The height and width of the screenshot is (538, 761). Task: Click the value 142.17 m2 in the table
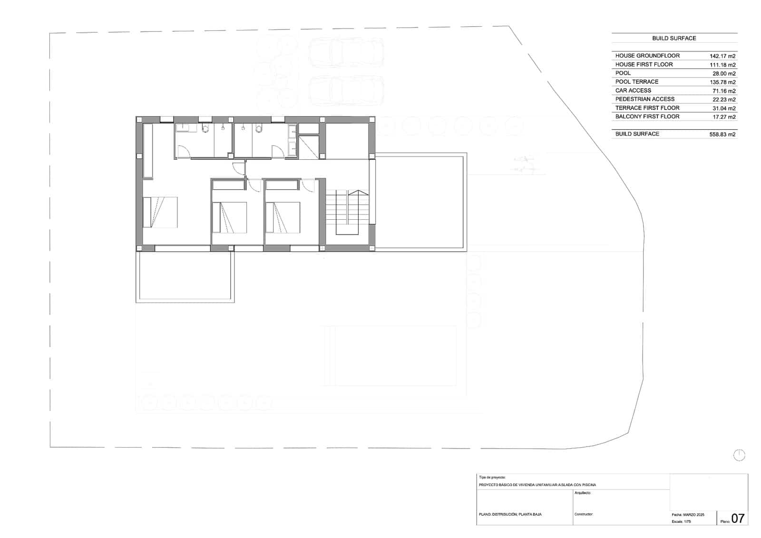pos(722,56)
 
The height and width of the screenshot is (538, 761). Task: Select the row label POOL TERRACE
pos(636,82)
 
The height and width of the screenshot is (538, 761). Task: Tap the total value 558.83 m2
pos(722,135)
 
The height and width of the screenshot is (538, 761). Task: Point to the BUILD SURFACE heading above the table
pos(674,38)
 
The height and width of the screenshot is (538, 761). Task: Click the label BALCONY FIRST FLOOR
pos(647,117)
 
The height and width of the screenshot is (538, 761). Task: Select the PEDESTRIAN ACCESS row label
pos(644,99)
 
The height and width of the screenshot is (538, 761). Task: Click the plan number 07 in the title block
pos(738,518)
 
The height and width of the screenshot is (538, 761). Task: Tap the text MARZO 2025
pos(694,515)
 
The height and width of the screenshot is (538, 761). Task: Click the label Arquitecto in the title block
pos(583,493)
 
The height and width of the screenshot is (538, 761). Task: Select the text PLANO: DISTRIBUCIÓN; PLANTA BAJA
pos(510,514)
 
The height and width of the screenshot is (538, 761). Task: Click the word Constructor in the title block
pos(584,514)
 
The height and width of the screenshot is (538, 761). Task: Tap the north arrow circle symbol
pos(739,455)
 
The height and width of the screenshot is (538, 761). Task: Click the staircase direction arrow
pos(358,193)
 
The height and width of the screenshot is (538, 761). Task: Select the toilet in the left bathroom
pos(205,128)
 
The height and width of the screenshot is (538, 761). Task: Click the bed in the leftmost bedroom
pos(160,212)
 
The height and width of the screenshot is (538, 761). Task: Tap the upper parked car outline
pos(346,53)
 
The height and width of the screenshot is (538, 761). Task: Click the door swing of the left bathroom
pos(183,151)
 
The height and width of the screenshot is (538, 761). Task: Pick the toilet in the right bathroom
pos(259,128)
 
